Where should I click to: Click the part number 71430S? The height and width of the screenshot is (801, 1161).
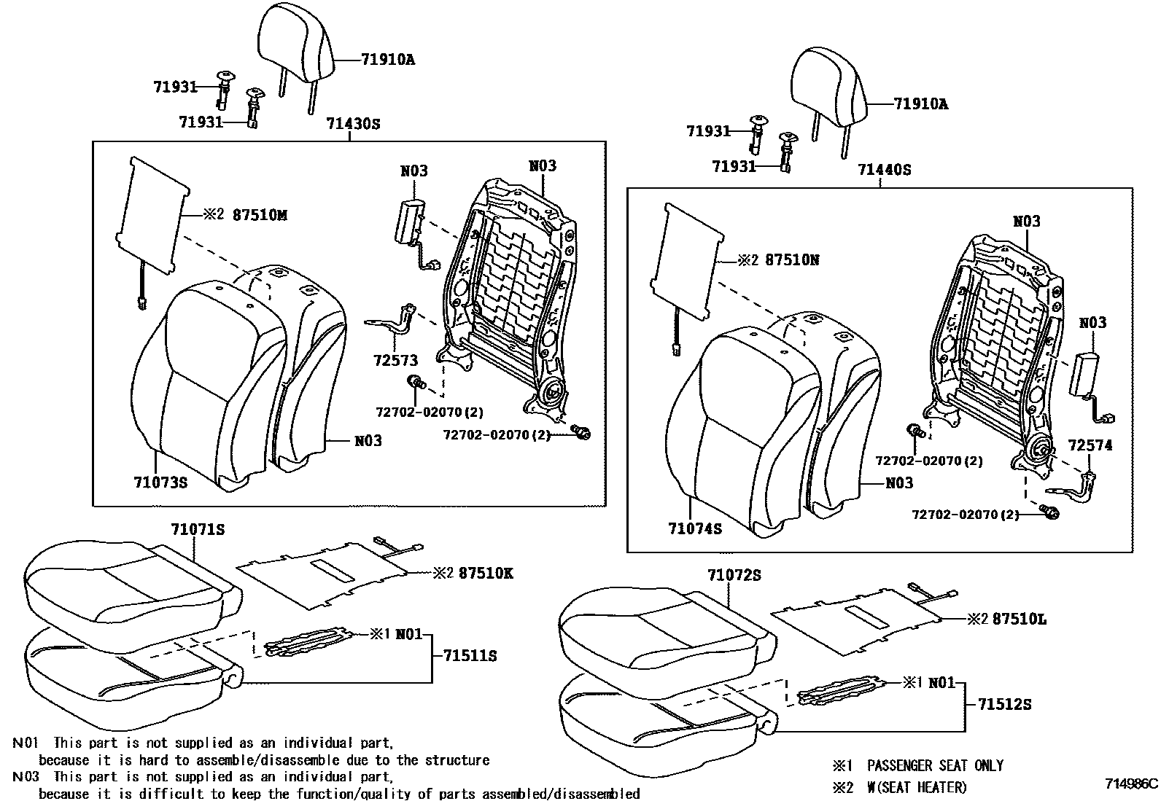pos(353,124)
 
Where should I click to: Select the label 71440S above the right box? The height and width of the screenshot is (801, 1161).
pos(884,170)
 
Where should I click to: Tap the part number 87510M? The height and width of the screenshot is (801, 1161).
pos(260,215)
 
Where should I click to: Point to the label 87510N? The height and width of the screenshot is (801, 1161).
pos(792,260)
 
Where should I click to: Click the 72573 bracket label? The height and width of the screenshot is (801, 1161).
pos(397,361)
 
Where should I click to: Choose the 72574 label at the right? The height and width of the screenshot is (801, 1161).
pos(1090,445)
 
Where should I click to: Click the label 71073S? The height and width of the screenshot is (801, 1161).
pos(160,482)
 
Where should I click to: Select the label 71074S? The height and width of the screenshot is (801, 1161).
pos(694,528)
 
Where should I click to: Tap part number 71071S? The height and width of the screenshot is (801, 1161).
pos(198,530)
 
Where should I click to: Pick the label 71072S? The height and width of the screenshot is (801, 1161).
pos(734,575)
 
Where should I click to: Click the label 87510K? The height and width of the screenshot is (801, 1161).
pos(486,574)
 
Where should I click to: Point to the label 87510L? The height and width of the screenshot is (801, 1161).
pos(1020,619)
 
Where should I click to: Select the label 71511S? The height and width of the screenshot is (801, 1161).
pos(470,656)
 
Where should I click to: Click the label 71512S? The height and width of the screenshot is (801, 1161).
pos(1004,704)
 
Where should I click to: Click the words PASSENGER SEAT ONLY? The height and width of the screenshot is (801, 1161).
pos(935,766)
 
